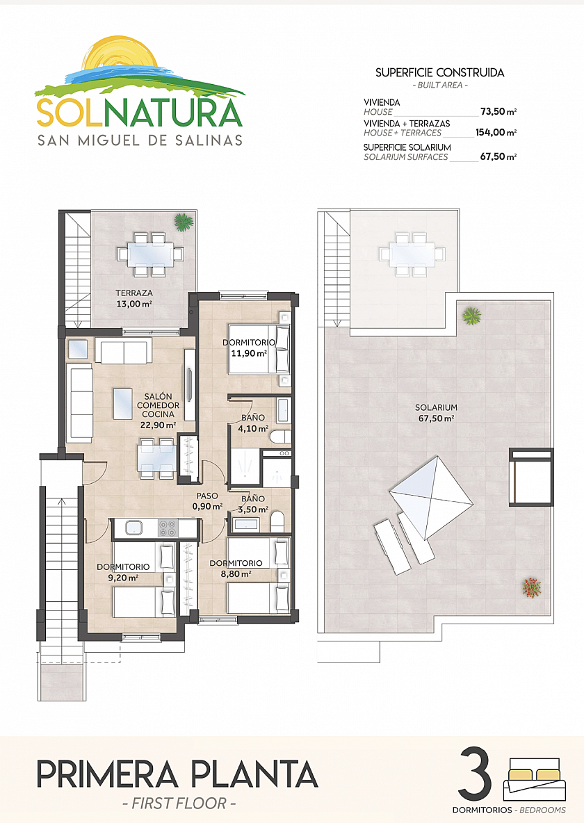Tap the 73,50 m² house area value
point(498,111)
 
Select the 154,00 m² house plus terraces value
point(496,132)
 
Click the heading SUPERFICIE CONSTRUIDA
point(439,72)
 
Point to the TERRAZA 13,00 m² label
point(134,298)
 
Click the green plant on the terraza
point(184,222)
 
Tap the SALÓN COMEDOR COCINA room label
point(158,410)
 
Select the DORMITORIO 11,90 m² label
point(249,348)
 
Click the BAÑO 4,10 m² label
point(253,423)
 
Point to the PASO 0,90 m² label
point(207,500)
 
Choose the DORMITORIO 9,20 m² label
point(124,572)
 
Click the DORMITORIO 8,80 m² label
point(236,569)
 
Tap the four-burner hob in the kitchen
point(168,528)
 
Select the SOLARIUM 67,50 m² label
point(436,413)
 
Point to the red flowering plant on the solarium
point(531,587)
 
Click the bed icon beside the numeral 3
point(535,779)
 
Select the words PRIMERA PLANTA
point(177,774)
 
